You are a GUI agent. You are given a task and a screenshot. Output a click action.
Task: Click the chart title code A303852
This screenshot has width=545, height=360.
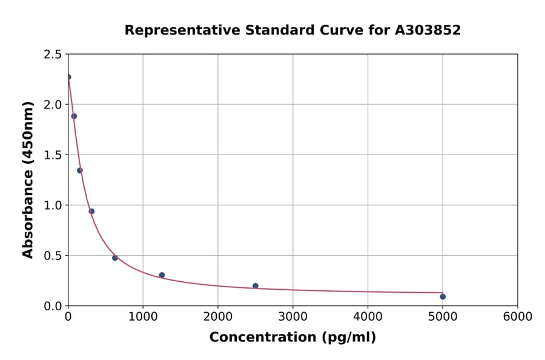tap(428, 30)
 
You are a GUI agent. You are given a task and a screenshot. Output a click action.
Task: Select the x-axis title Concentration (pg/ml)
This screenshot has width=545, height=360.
tap(292, 338)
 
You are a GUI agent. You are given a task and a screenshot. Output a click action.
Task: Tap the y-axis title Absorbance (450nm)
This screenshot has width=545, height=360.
tap(28, 180)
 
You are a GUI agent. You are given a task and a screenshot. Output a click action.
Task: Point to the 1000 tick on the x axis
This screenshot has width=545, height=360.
tap(143, 317)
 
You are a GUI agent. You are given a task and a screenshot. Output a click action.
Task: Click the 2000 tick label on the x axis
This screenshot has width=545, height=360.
tap(218, 317)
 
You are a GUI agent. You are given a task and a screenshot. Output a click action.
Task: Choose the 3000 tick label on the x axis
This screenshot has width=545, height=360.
tap(292, 317)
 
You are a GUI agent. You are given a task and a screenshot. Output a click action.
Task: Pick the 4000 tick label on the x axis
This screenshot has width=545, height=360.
tap(368, 317)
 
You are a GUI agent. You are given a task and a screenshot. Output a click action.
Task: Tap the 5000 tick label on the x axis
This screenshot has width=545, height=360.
tap(443, 317)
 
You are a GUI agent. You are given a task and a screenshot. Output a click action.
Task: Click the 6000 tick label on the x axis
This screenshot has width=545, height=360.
tap(517, 317)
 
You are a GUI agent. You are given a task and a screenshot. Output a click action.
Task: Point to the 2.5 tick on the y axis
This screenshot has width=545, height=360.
tap(52, 55)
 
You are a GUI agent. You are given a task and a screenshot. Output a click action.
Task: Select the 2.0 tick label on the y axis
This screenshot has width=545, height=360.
tap(52, 105)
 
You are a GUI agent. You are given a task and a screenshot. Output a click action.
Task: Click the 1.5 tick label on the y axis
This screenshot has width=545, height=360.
tap(52, 155)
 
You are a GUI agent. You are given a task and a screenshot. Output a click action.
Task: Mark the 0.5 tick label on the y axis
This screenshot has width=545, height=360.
tap(52, 256)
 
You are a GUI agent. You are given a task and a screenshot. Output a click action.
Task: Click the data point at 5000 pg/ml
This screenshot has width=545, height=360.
tap(443, 296)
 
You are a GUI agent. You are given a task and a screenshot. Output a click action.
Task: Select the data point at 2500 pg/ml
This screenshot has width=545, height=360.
tap(256, 285)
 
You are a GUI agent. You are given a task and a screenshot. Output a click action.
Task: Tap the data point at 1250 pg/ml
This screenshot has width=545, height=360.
tap(162, 275)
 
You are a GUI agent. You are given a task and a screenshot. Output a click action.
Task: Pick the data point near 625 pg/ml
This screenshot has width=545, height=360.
tap(115, 258)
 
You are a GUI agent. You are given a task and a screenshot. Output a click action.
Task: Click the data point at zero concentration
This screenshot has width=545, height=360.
tap(68, 77)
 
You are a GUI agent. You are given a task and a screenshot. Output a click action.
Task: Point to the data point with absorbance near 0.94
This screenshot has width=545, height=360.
tap(91, 211)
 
